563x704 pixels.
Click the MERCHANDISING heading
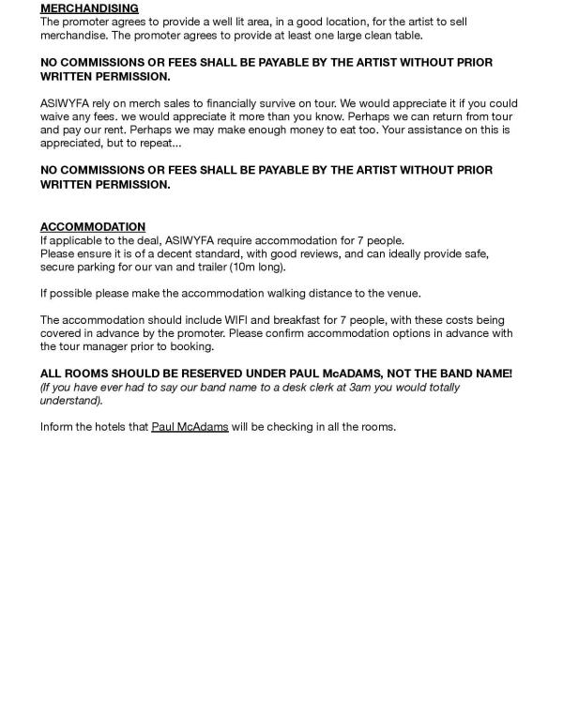pos(89,8)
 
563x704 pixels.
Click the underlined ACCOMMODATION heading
pos(93,227)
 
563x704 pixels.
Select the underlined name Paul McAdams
pos(190,427)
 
